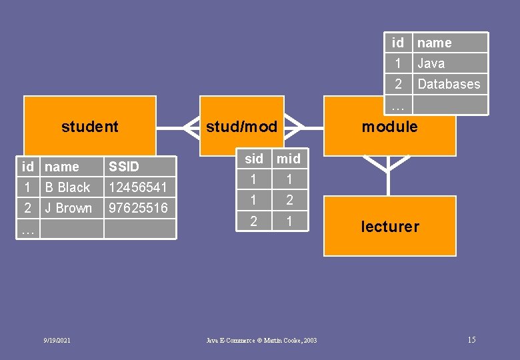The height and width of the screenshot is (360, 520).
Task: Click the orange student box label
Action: tap(89, 127)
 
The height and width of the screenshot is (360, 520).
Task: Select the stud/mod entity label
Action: tap(241, 127)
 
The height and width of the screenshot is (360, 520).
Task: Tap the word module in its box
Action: tap(389, 127)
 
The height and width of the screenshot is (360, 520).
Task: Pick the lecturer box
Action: tap(390, 227)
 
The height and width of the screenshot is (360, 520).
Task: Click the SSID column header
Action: tap(124, 167)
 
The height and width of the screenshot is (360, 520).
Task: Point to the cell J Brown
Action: tap(68, 208)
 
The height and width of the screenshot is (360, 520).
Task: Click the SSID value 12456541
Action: tap(137, 187)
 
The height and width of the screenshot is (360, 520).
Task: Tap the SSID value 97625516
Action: tap(138, 208)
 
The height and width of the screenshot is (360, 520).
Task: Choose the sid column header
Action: tap(254, 159)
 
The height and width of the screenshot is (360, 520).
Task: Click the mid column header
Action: tap(289, 159)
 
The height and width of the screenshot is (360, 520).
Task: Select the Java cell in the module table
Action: tap(431, 63)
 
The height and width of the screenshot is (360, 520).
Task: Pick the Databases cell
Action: tap(449, 84)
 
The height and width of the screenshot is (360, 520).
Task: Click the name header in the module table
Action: tap(434, 43)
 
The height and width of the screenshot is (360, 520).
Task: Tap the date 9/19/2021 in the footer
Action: tap(57, 341)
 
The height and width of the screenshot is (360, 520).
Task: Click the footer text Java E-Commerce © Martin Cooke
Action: tap(261, 341)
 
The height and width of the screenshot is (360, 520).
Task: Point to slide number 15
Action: tap(471, 340)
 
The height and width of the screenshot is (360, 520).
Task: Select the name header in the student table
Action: tap(61, 167)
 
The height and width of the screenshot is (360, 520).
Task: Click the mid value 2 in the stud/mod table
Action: tap(289, 199)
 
